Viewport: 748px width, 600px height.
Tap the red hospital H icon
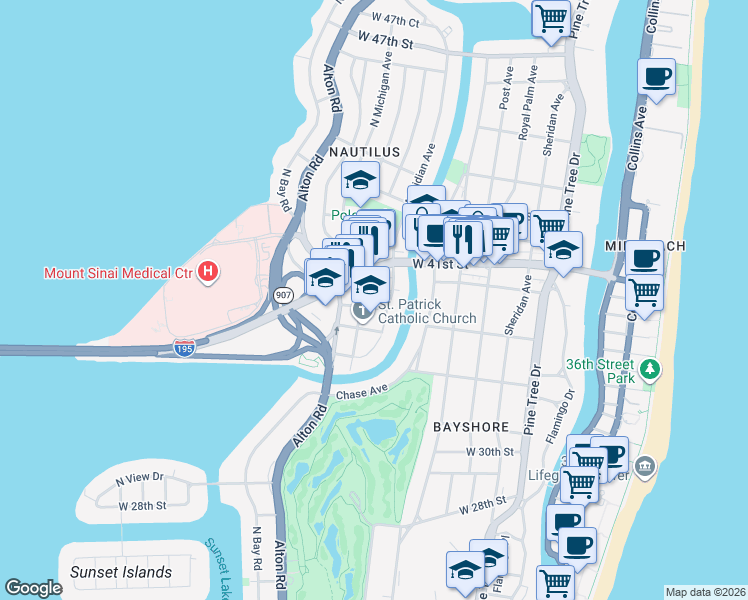click(208, 272)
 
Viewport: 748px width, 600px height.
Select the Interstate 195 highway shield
click(183, 347)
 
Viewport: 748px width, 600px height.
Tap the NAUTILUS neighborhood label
click(365, 152)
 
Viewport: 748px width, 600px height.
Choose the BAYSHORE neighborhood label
click(471, 427)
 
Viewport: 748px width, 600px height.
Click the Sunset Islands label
click(121, 573)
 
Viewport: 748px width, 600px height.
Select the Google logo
click(33, 588)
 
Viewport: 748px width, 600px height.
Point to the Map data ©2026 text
click(704, 592)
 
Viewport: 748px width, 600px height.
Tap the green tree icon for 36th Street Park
click(651, 370)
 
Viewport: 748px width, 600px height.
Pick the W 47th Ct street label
click(396, 19)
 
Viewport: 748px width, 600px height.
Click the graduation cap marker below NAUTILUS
click(359, 182)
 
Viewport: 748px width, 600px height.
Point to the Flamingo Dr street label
click(560, 415)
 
